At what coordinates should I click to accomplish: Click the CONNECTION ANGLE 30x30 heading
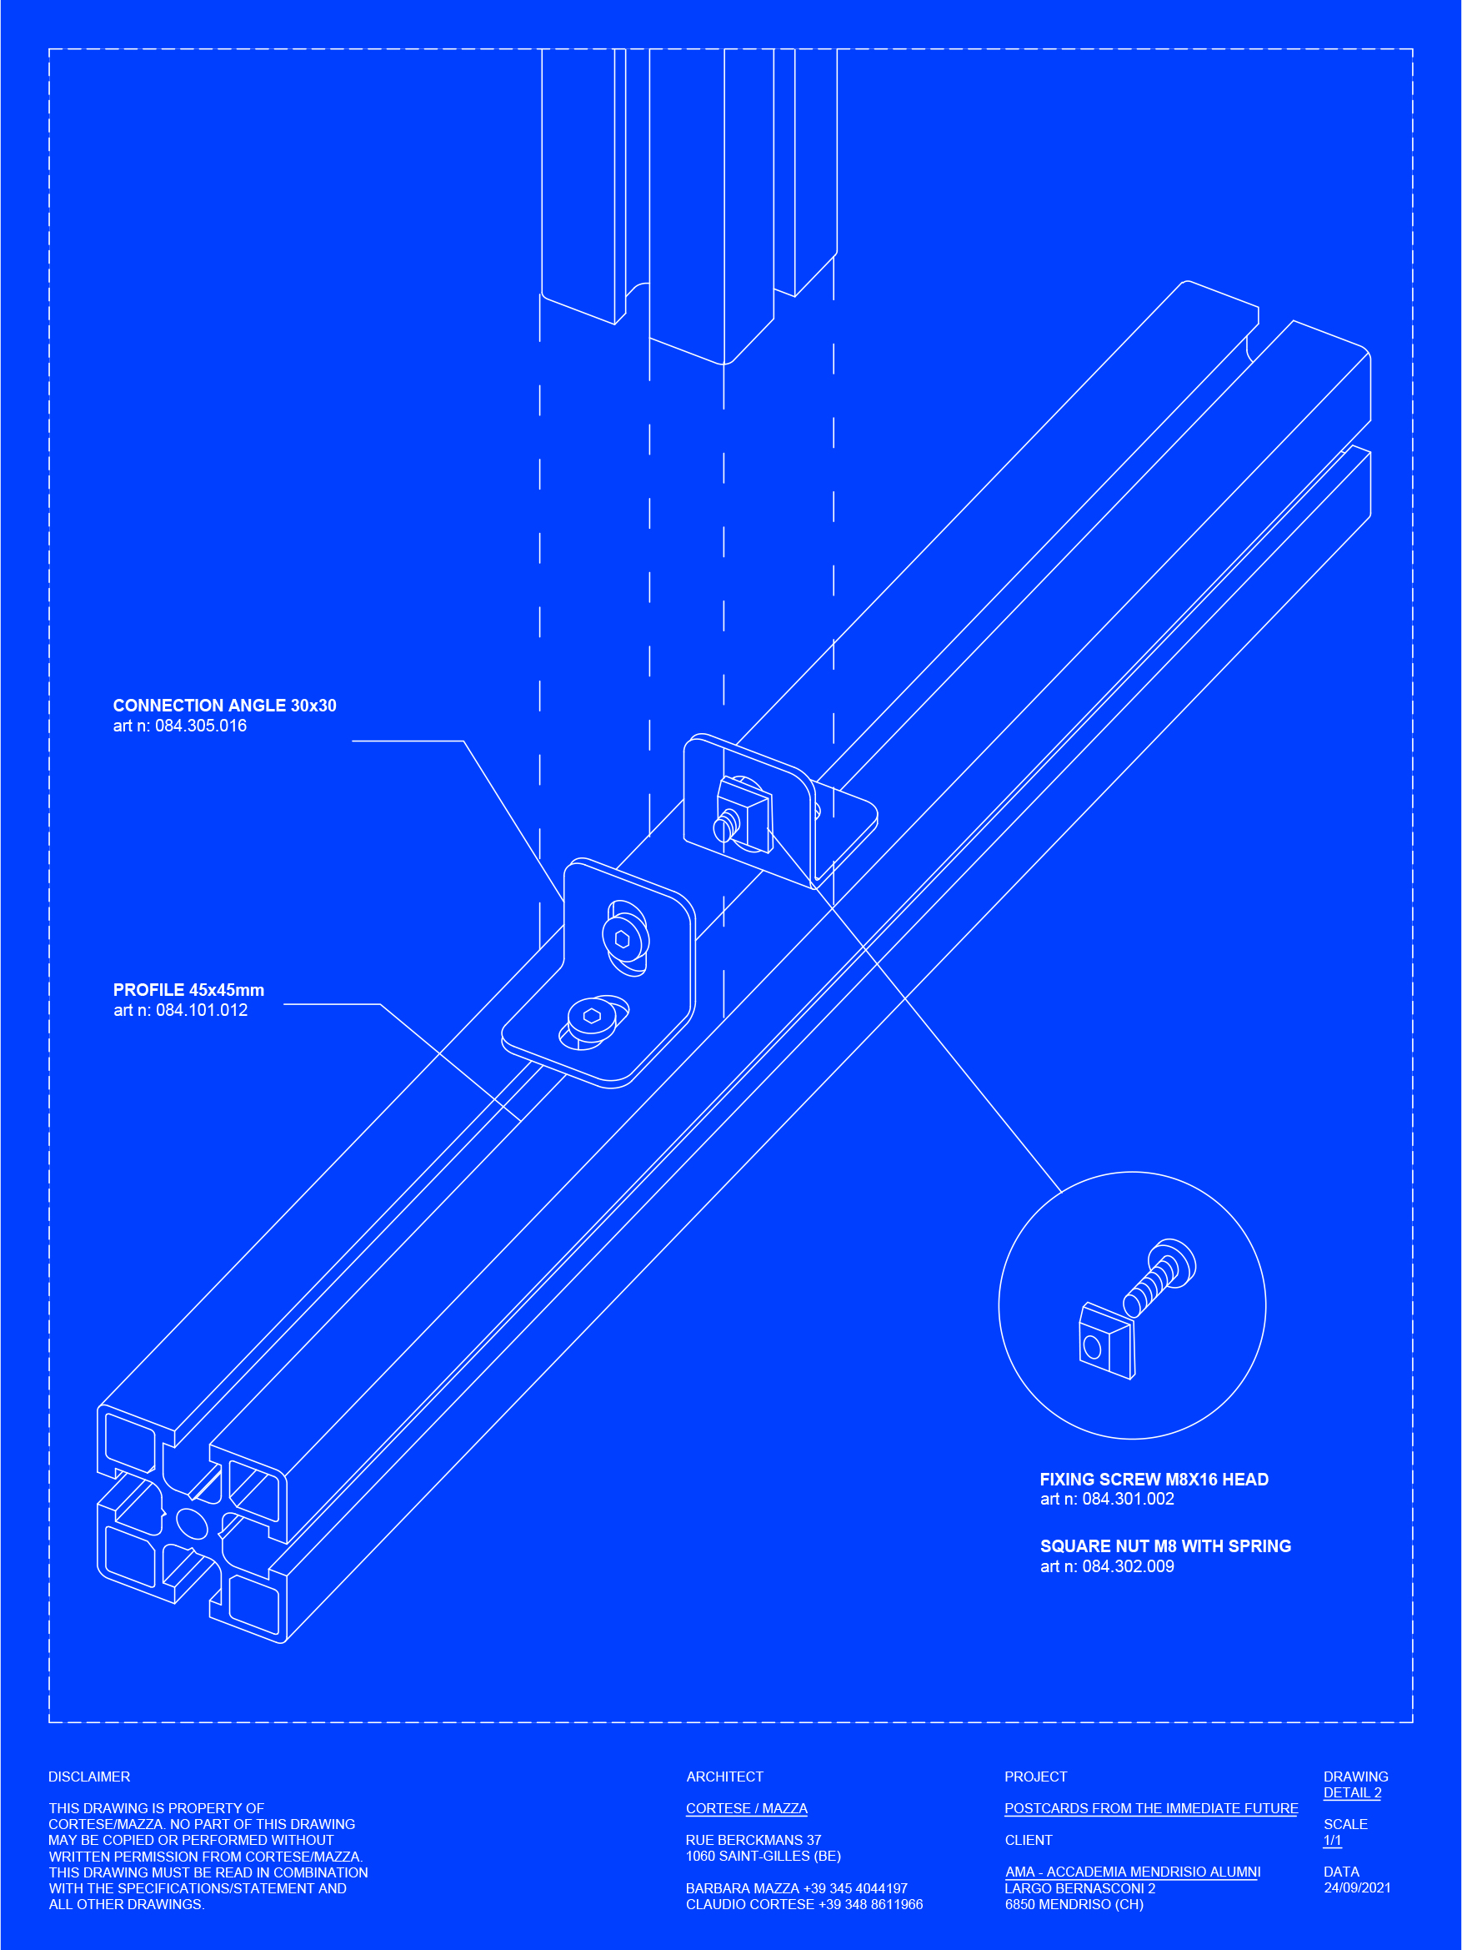coord(224,706)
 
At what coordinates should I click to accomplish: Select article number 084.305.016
coord(180,726)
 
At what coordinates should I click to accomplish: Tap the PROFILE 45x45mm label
coord(188,990)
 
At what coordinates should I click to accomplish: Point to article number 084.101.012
coord(181,1010)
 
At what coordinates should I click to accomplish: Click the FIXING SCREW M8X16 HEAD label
coord(1154,1480)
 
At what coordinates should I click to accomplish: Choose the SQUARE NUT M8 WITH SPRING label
coord(1165,1545)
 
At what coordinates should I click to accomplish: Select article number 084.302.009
coord(1107,1566)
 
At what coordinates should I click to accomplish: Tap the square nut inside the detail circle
coord(1106,1341)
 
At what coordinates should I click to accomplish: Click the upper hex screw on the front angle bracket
coord(624,939)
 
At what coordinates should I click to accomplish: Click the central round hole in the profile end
coord(192,1522)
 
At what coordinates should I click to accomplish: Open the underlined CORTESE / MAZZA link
coord(747,1808)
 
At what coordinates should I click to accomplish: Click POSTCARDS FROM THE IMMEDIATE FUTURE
coord(1151,1808)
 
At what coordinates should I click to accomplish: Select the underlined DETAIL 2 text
coord(1352,1792)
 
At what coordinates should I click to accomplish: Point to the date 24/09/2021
coord(1357,1887)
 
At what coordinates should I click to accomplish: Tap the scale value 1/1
coord(1332,1840)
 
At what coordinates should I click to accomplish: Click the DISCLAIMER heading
coord(89,1777)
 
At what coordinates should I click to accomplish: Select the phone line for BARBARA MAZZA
coord(796,1888)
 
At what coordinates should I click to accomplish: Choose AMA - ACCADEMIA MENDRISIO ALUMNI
coord(1133,1872)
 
